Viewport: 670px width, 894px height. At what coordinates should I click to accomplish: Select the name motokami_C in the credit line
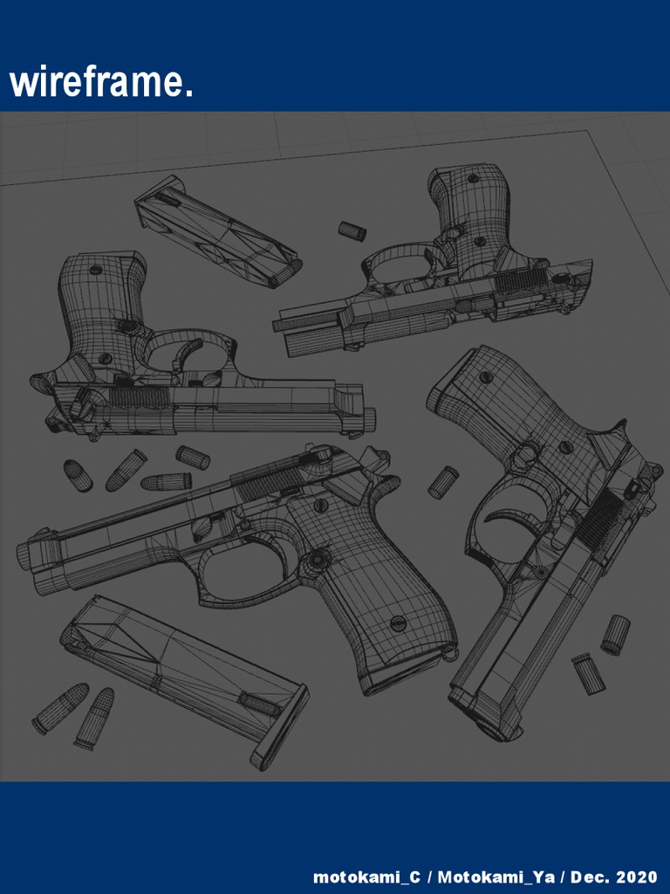coord(366,877)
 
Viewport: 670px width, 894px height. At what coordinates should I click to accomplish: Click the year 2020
coord(636,877)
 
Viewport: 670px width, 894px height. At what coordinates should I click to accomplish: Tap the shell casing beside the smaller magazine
coord(352,230)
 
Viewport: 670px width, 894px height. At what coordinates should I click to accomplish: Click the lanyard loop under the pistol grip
coord(450,651)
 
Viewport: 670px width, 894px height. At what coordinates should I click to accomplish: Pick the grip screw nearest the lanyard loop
coord(398,622)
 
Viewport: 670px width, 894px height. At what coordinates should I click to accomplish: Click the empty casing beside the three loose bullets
coord(192,457)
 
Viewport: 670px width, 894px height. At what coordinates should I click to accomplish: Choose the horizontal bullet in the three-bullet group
coord(166,481)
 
